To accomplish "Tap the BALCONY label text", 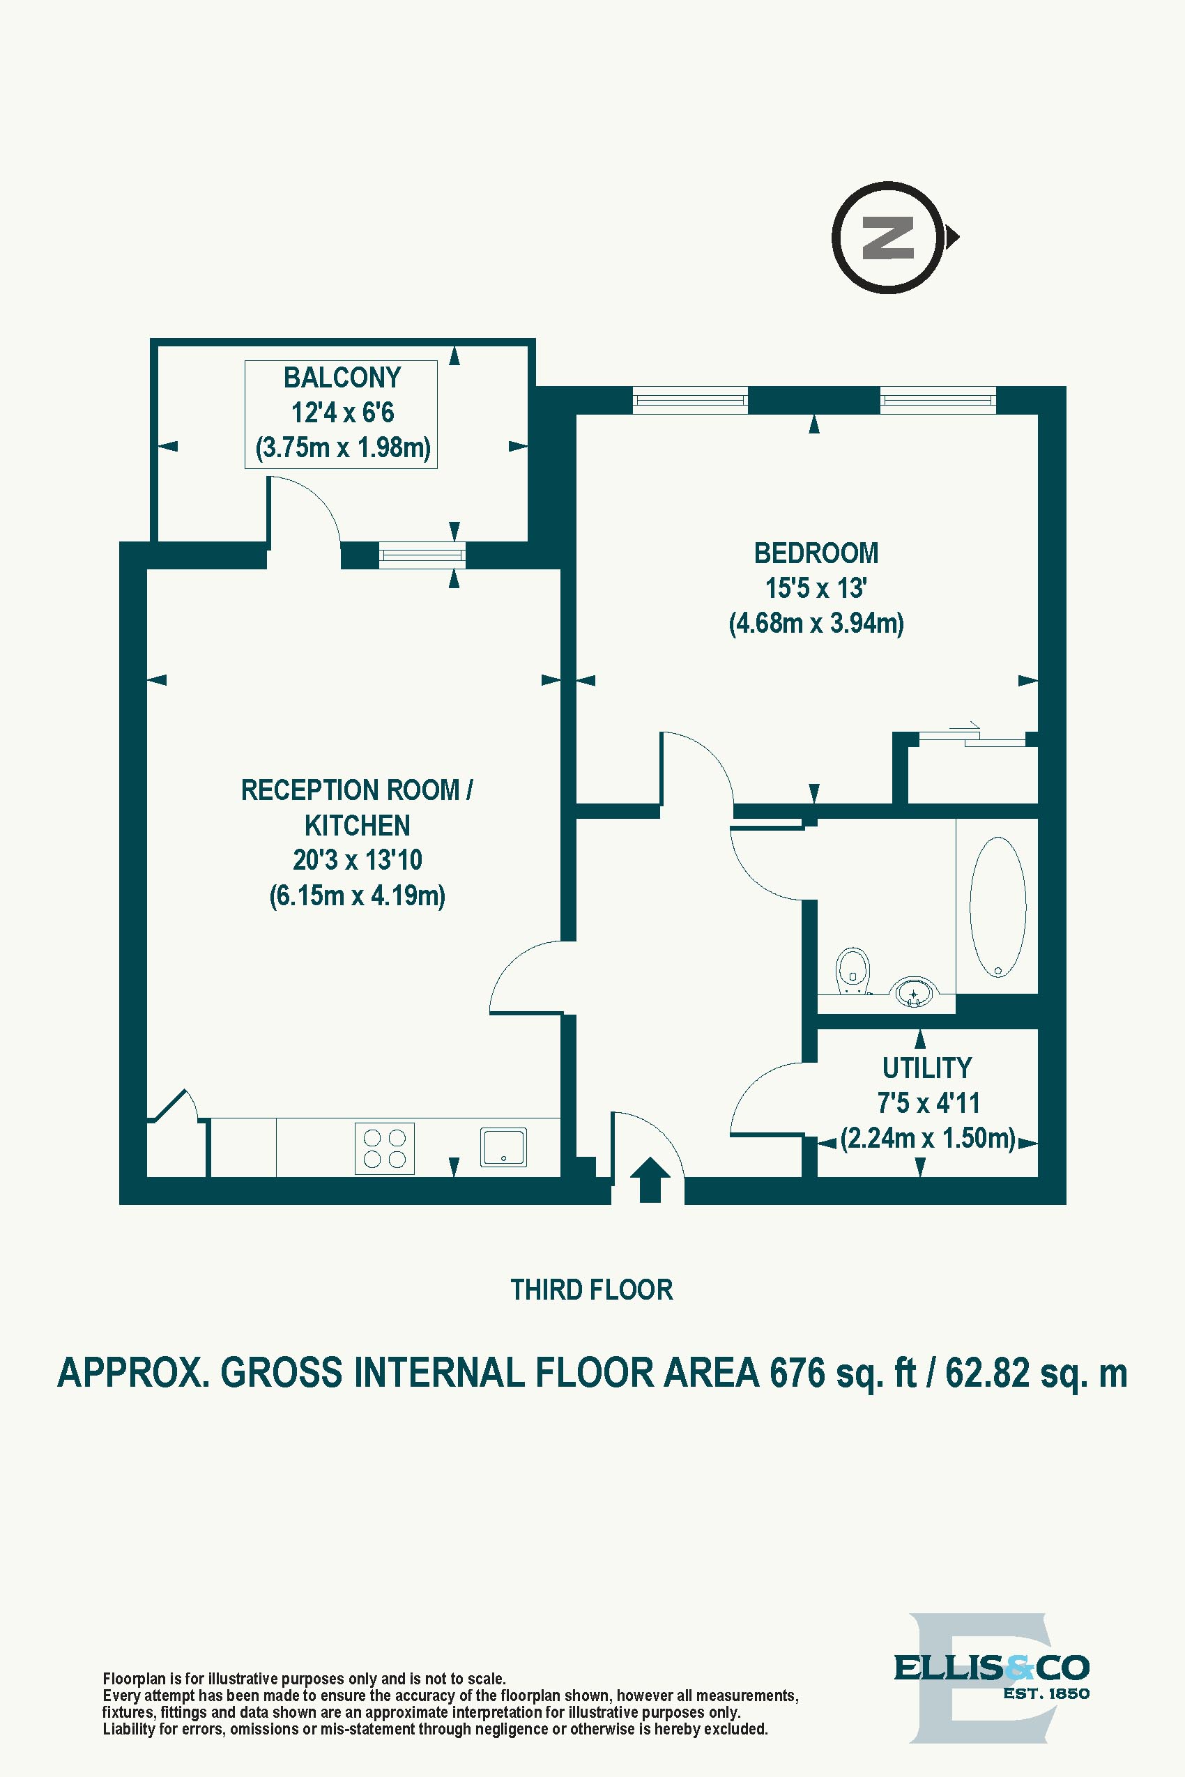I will coord(342,377).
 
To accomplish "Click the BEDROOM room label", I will coord(816,553).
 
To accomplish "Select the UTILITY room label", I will coord(926,1068).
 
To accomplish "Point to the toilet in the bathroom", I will coord(853,970).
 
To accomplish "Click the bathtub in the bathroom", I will coord(997,907).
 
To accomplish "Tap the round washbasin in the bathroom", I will coord(914,993).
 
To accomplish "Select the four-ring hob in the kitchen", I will coord(385,1148).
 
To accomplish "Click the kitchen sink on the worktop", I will coord(503,1147).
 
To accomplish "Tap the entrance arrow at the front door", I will coord(649,1179).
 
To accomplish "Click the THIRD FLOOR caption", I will coord(591,1290).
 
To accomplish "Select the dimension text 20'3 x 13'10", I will coord(358,860).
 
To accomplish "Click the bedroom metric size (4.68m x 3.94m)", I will coord(816,623).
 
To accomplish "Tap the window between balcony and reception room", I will coord(422,555).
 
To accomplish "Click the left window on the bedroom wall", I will coord(690,400).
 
